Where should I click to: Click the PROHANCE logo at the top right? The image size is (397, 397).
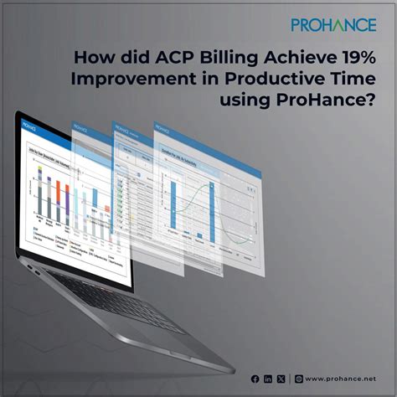[x=333, y=25]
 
